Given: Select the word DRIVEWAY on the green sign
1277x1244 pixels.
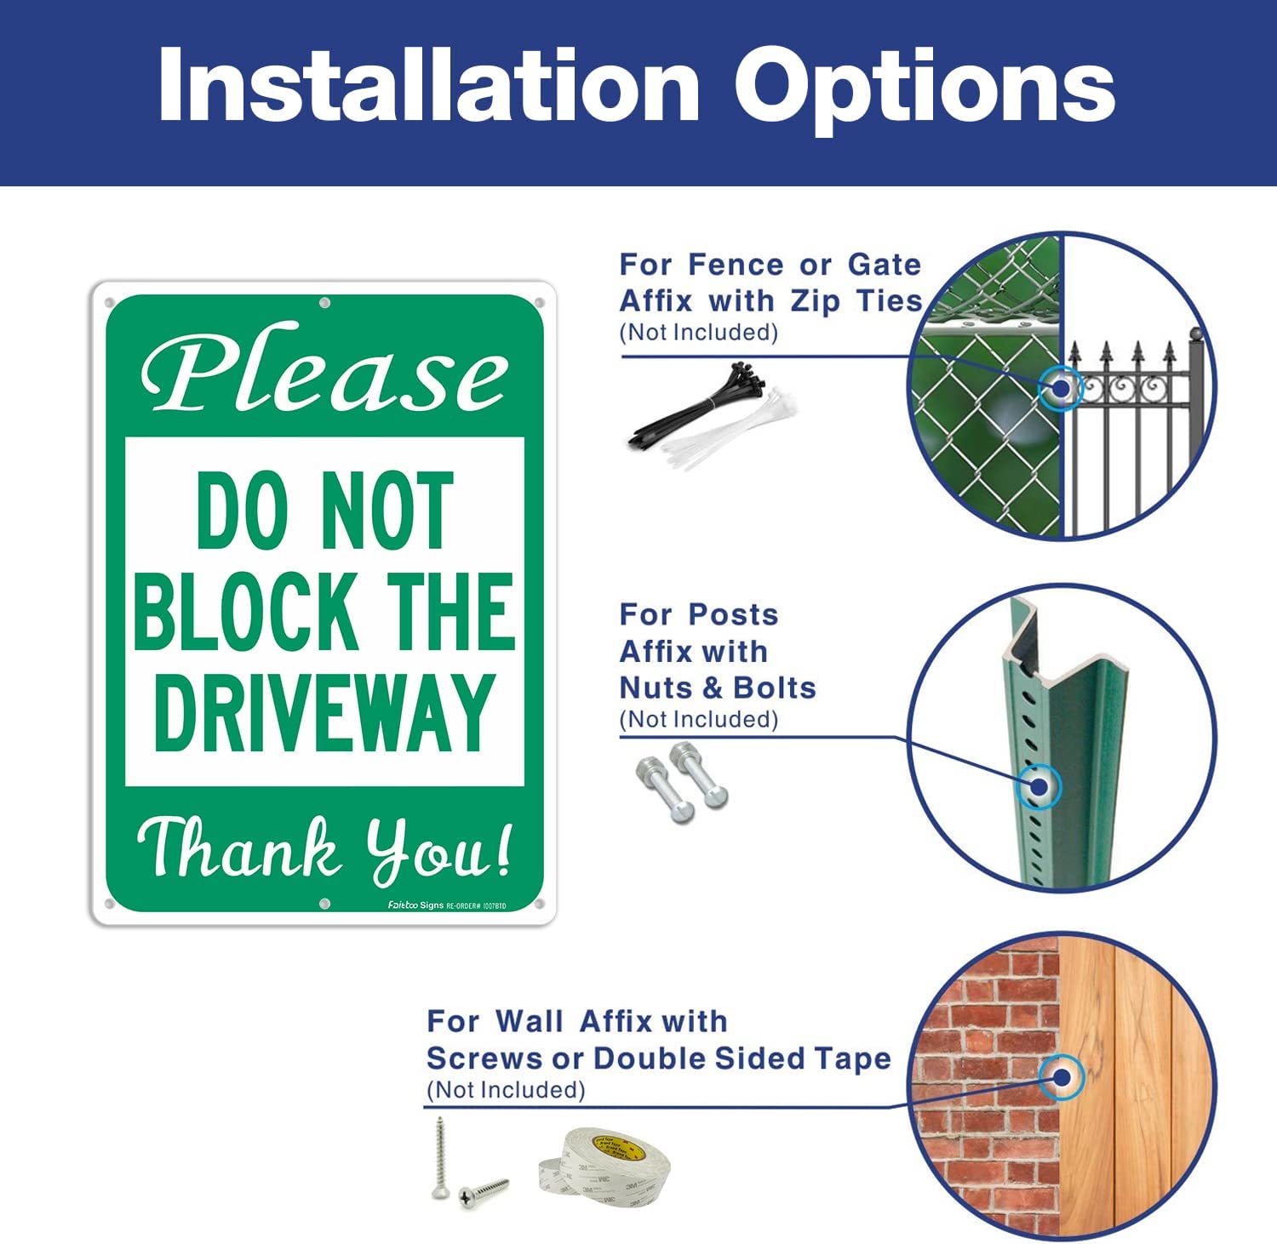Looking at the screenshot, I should [x=324, y=713].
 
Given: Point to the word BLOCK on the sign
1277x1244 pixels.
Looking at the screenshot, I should [x=244, y=611].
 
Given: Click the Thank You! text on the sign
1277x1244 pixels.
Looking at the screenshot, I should [x=324, y=849].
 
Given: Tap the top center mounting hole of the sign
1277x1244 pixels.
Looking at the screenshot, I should [x=324, y=303].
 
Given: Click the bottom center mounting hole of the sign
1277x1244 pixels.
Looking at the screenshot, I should [x=324, y=903].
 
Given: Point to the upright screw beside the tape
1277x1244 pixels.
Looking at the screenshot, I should [x=440, y=1157].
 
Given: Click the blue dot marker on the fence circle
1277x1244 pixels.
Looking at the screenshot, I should [x=1061, y=389].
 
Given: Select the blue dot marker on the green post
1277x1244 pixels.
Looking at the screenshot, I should [x=1039, y=786].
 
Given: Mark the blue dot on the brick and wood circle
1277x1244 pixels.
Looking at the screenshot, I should [x=1062, y=1077].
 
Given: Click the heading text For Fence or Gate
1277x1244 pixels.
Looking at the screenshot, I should [x=770, y=265].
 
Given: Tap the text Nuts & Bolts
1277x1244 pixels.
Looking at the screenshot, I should [x=718, y=688].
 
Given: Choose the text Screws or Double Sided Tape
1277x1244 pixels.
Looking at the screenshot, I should [x=658, y=1059].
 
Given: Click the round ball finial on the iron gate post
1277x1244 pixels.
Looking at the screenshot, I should [x=1196, y=334].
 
